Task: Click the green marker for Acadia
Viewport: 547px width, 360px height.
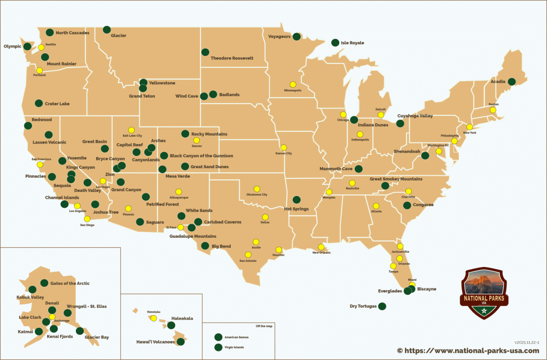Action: (512, 82)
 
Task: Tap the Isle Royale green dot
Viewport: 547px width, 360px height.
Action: (335, 43)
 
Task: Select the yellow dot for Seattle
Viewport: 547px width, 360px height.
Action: (41, 48)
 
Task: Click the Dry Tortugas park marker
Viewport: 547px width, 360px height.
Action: (382, 307)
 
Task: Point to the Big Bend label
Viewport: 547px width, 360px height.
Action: (222, 247)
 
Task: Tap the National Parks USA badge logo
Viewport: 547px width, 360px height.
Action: (484, 293)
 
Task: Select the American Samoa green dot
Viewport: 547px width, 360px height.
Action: (217, 337)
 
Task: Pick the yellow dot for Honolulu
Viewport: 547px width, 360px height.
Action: (153, 318)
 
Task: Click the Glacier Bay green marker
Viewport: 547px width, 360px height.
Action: (80, 331)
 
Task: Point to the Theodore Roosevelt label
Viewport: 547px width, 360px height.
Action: (232, 58)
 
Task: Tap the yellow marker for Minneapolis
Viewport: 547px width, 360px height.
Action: (293, 84)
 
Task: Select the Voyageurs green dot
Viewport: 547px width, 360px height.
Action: (296, 36)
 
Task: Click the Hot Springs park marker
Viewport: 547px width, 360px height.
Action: (296, 200)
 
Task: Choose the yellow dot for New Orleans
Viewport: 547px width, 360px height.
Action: (321, 247)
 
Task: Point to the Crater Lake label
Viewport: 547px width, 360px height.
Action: (57, 104)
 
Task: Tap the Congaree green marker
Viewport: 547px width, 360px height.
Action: (407, 205)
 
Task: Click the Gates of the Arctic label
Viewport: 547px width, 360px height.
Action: (70, 283)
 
